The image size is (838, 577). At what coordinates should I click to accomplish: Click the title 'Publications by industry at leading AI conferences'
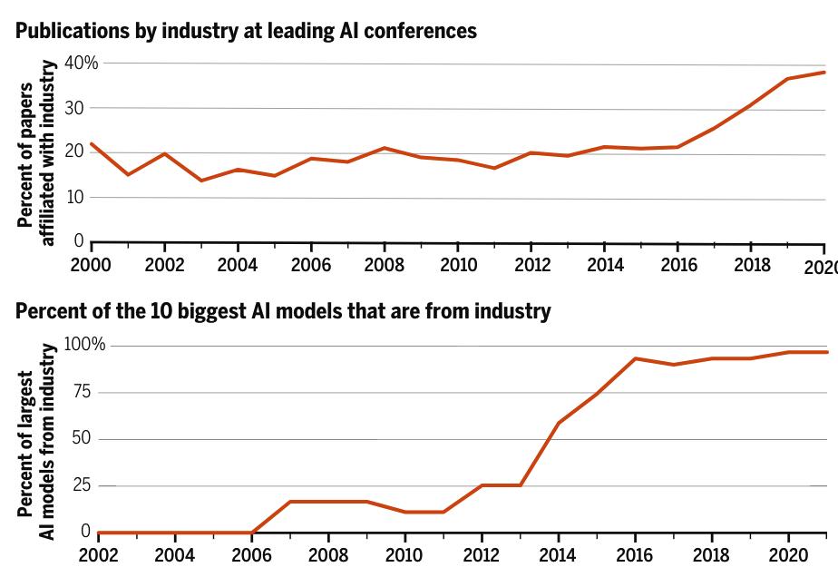246,31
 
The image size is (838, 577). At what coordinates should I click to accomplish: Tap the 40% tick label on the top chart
80,64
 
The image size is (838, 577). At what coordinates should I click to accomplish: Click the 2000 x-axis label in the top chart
91,265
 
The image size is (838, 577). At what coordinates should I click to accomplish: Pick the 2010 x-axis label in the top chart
457,265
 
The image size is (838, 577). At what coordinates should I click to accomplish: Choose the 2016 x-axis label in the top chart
678,265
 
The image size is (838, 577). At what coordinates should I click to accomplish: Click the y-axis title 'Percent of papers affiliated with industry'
38,152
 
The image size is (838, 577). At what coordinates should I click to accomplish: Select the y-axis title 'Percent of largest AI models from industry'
38,442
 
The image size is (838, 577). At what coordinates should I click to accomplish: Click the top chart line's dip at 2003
201,181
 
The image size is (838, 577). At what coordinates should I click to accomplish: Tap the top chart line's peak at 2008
385,148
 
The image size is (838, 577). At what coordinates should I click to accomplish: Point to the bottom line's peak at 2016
636,358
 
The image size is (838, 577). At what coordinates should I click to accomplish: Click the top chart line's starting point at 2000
92,143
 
